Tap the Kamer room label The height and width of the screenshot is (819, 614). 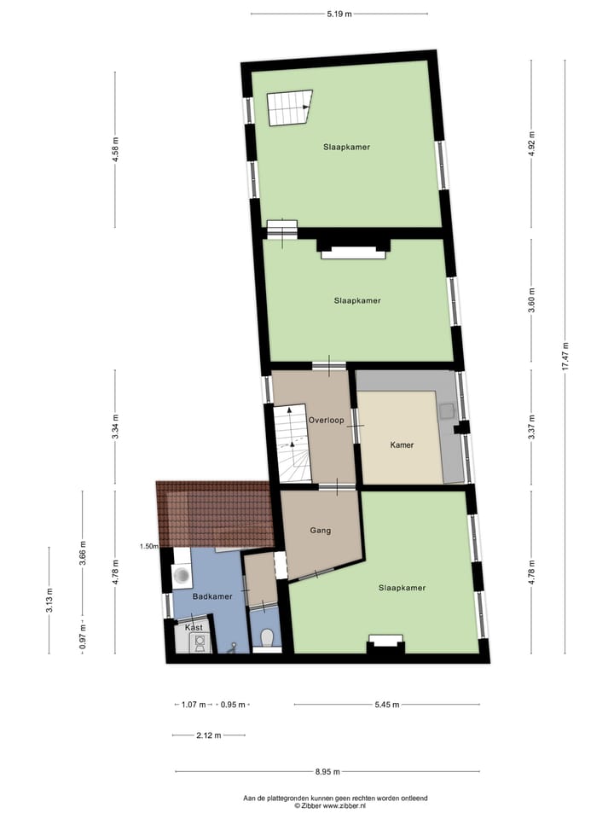pyautogui.click(x=403, y=445)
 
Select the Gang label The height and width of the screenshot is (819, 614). pyautogui.click(x=321, y=530)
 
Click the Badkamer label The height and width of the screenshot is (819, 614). pyautogui.click(x=212, y=596)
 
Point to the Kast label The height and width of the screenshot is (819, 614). pyautogui.click(x=194, y=628)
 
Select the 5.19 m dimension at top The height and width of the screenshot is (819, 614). pyautogui.click(x=339, y=14)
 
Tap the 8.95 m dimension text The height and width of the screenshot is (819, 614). pyautogui.click(x=327, y=772)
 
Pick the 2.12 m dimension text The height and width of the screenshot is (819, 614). pyautogui.click(x=208, y=735)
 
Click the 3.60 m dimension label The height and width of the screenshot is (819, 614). pyautogui.click(x=531, y=303)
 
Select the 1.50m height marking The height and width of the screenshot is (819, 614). pyautogui.click(x=149, y=546)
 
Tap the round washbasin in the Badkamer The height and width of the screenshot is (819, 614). pyautogui.click(x=182, y=575)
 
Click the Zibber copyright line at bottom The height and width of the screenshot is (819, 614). pyautogui.click(x=330, y=805)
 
